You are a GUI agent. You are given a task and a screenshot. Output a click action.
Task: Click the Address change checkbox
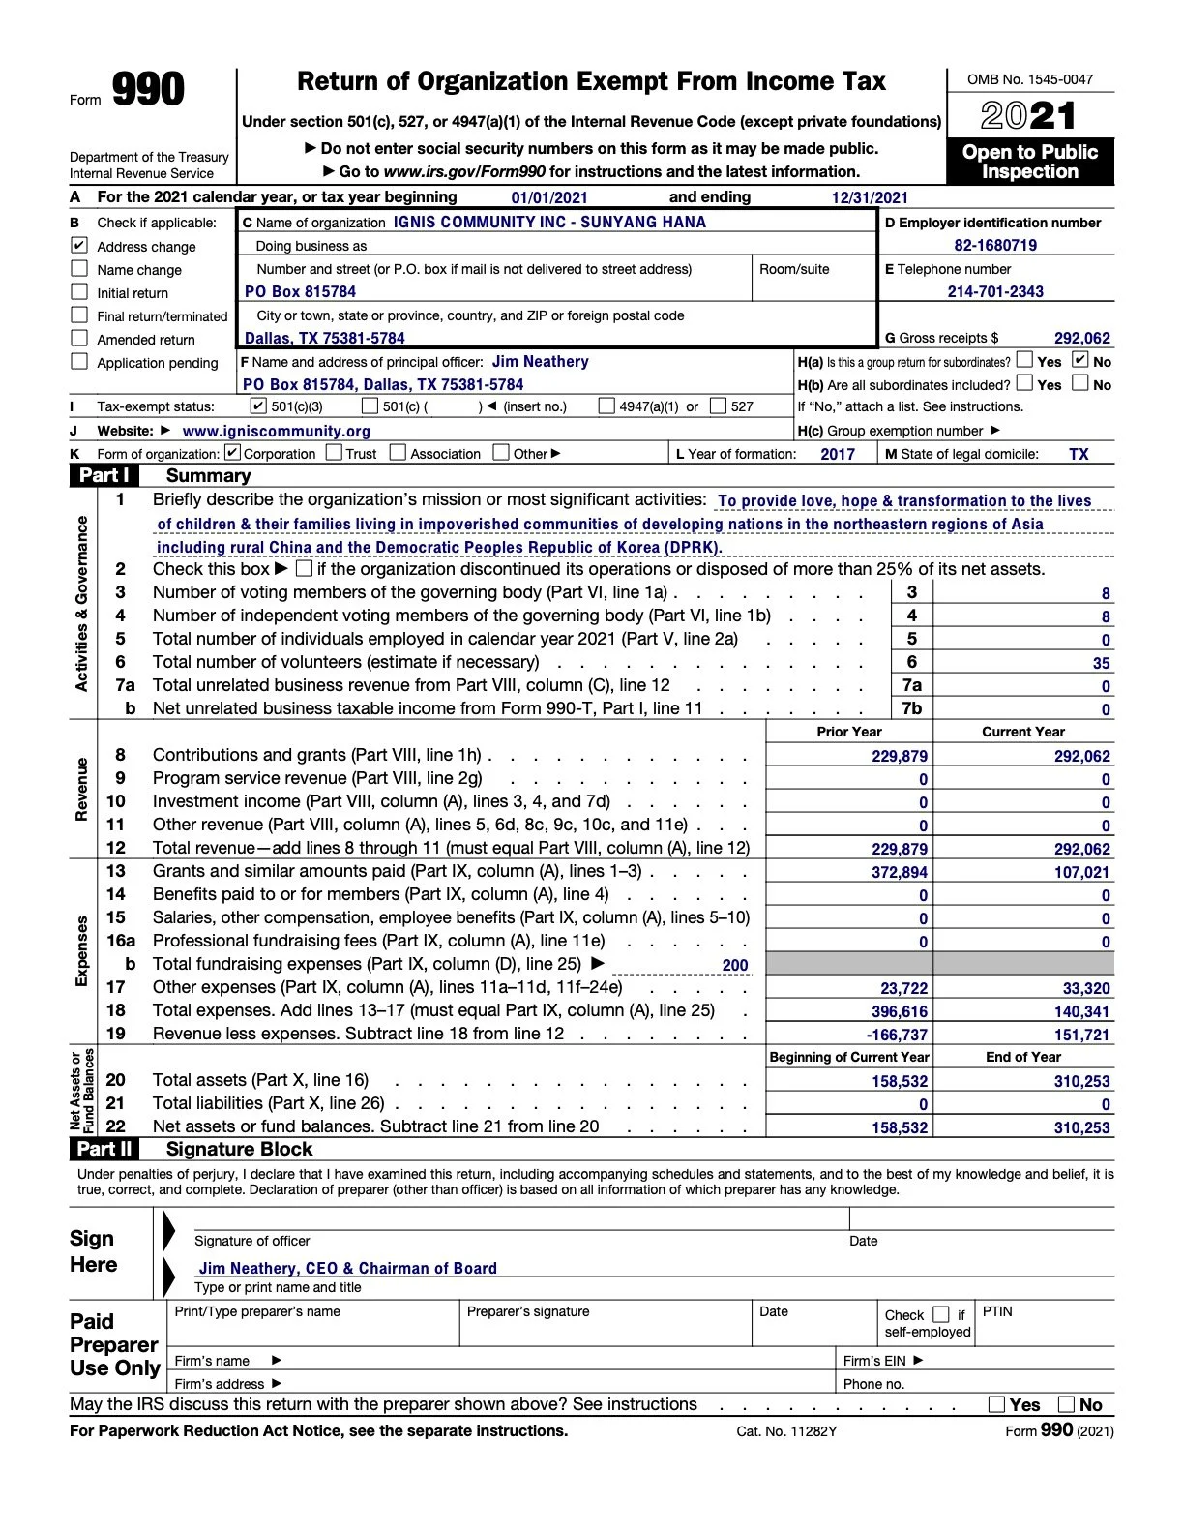(x=79, y=246)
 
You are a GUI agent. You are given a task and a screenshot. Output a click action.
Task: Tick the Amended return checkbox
(x=79, y=339)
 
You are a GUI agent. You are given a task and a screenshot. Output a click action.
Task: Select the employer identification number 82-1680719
(x=995, y=246)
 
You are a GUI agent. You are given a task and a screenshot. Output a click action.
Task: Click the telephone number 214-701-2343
(x=995, y=292)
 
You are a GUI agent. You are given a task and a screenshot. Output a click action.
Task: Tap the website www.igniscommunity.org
(x=277, y=432)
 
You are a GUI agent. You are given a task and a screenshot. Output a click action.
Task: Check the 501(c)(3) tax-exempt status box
(x=258, y=406)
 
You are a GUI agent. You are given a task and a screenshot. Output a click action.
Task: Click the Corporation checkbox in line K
(x=232, y=453)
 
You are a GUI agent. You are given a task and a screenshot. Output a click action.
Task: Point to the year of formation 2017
(x=838, y=454)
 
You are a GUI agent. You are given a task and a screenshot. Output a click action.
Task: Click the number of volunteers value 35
(x=1101, y=664)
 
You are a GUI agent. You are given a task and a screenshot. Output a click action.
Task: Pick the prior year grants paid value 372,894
(x=900, y=873)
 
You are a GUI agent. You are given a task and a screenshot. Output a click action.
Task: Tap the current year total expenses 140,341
(x=1082, y=1012)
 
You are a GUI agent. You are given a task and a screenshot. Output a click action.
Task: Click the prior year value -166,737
(x=897, y=1036)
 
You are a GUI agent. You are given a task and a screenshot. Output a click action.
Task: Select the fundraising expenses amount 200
(x=735, y=966)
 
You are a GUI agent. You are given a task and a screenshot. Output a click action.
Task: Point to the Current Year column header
(x=1023, y=733)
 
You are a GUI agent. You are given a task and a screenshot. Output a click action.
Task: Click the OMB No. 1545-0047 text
(x=1030, y=80)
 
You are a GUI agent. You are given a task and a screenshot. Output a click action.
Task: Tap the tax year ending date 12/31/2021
(x=870, y=198)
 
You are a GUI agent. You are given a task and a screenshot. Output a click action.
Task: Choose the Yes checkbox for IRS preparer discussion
(x=997, y=1405)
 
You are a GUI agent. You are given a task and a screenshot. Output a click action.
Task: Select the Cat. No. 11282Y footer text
(x=786, y=1431)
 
